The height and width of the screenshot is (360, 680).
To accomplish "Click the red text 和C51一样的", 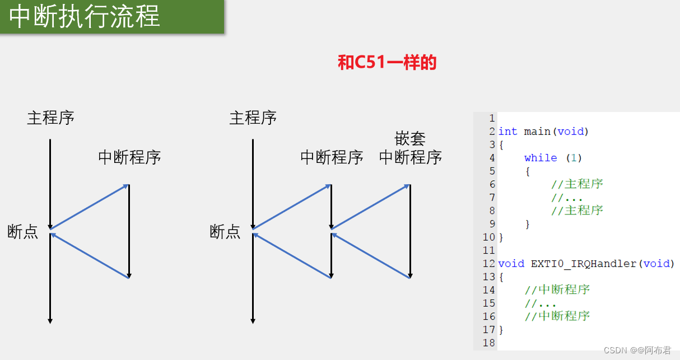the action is pos(387,63).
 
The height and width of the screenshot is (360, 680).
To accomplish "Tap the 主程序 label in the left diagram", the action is pos(50,118).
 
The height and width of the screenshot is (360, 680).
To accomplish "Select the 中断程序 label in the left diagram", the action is pos(129,157).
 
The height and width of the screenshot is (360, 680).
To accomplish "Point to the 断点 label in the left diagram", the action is pos(23,232).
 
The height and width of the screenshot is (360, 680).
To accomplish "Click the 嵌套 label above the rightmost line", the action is pos(410,139).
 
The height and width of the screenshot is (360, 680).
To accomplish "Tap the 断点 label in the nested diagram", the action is pos(225,232).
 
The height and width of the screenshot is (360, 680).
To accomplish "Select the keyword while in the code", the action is pos(541,158).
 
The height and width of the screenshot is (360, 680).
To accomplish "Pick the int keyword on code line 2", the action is pos(507,132).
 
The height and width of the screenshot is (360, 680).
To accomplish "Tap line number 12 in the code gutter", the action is pos(488,264).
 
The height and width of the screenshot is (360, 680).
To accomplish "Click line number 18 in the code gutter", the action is pos(488,343).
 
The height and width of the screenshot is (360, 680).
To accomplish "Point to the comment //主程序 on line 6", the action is pos(577,184).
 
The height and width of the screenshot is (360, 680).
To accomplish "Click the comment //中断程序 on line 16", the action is pos(557,316).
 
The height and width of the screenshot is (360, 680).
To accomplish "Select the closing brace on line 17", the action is pos(501,330).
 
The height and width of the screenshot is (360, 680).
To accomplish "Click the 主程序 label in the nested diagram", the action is pos(253,118).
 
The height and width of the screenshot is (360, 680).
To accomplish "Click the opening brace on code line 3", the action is pos(501,145).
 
